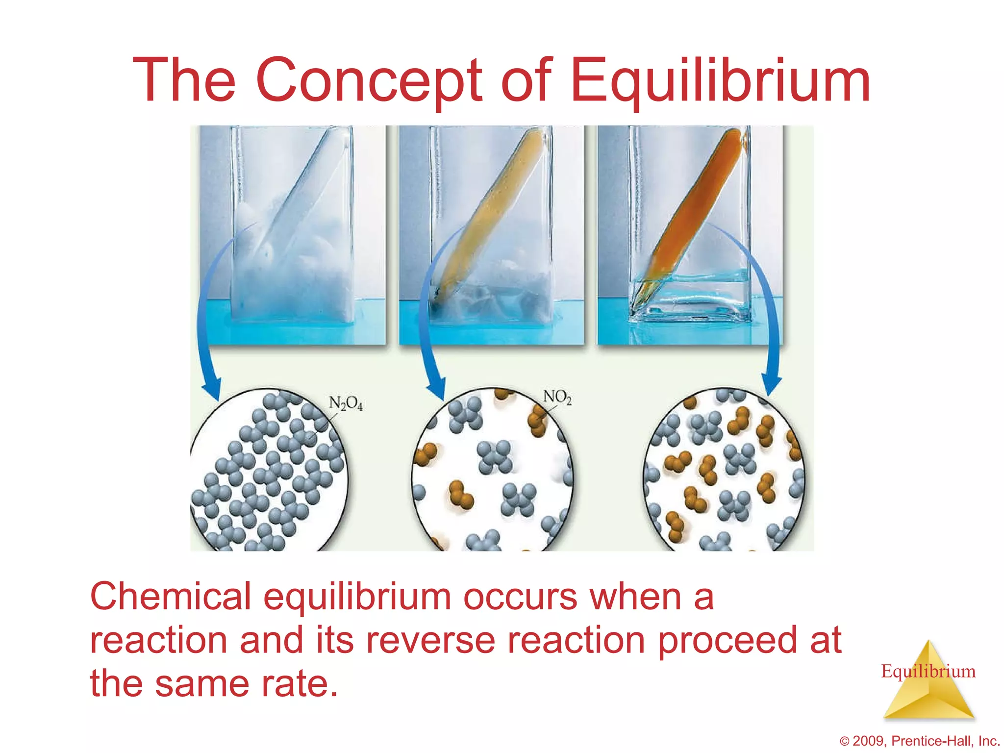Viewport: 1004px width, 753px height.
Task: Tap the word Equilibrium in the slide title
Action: [x=720, y=81]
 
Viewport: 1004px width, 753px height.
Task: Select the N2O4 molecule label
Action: [x=346, y=403]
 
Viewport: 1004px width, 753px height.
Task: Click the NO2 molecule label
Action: [x=557, y=397]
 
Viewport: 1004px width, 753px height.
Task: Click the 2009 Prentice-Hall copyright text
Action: [x=919, y=741]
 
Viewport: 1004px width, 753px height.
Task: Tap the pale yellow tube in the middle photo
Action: [x=490, y=206]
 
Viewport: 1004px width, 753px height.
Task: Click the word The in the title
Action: [x=184, y=81]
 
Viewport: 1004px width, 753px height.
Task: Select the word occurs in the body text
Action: [x=520, y=597]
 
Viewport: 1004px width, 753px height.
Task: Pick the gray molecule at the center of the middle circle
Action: [x=494, y=456]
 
